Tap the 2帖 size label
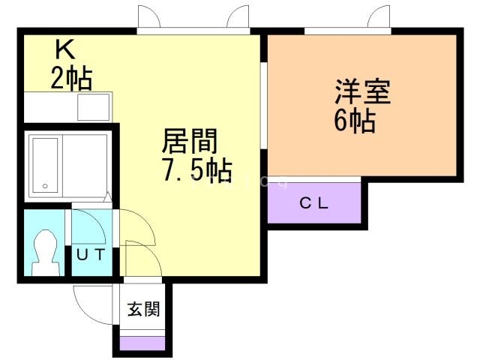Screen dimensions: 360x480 [71, 77]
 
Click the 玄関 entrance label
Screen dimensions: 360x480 [142, 309]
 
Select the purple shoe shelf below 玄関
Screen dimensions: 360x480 [142, 343]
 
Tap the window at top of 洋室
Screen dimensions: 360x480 [349, 31]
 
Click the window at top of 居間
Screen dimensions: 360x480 [193, 31]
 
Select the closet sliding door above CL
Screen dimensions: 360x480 [314, 178]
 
